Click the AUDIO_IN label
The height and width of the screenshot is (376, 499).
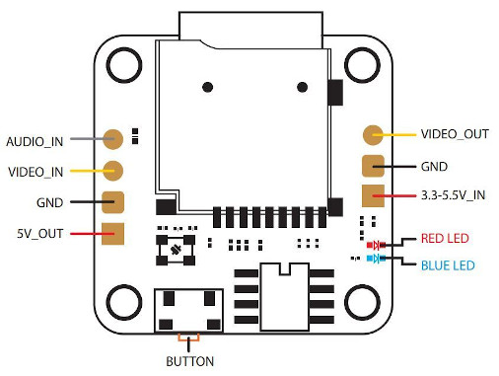tap(35, 142)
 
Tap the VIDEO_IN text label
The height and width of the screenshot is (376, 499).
tap(36, 172)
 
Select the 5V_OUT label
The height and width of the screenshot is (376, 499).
tap(39, 234)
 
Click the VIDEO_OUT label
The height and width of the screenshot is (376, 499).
tap(455, 134)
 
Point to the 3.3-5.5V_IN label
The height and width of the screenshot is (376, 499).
tap(453, 195)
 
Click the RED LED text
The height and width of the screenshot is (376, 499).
tap(445, 238)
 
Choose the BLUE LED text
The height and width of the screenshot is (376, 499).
tap(448, 265)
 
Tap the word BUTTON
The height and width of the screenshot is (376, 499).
tap(189, 361)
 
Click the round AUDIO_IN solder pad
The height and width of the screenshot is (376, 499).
tap(112, 139)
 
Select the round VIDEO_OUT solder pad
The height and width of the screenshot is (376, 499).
tap(373, 135)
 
